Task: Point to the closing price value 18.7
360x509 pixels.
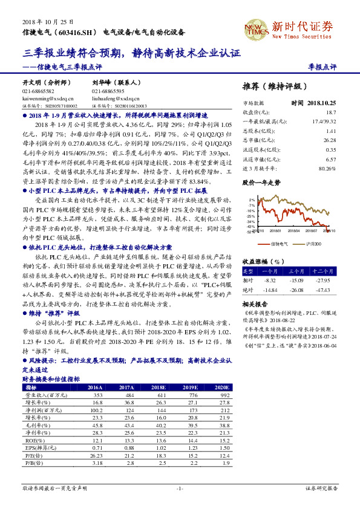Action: pyautogui.click(x=330, y=112)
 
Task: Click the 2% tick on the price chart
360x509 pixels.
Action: pyautogui.click(x=252, y=199)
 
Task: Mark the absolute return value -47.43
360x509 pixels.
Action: pyautogui.click(x=324, y=290)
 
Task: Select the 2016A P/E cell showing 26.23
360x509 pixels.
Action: pyautogui.click(x=96, y=455)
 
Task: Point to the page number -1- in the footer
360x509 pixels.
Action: pyautogui.click(x=180, y=487)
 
